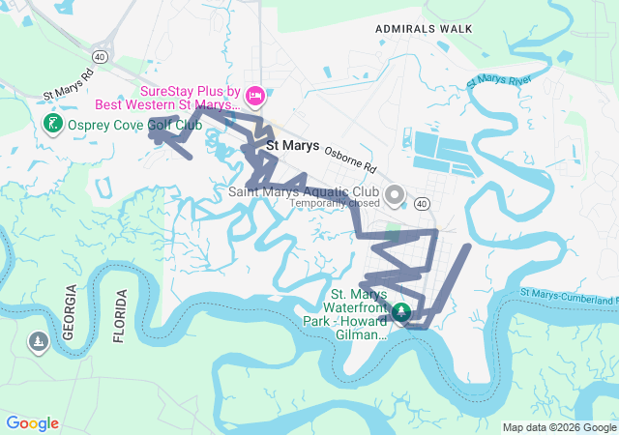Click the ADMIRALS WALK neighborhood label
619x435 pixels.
(x=425, y=29)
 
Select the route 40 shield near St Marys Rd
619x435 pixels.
(x=101, y=57)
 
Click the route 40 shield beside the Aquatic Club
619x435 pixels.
(x=421, y=204)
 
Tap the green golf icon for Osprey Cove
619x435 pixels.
(x=52, y=124)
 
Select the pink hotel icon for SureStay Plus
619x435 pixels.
(x=255, y=95)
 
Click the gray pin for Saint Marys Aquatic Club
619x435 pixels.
(x=395, y=195)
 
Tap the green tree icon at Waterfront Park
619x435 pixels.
(x=400, y=313)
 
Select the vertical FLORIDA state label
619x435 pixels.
(x=120, y=315)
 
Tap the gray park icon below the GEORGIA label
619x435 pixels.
(x=38, y=342)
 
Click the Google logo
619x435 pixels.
(x=32, y=423)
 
